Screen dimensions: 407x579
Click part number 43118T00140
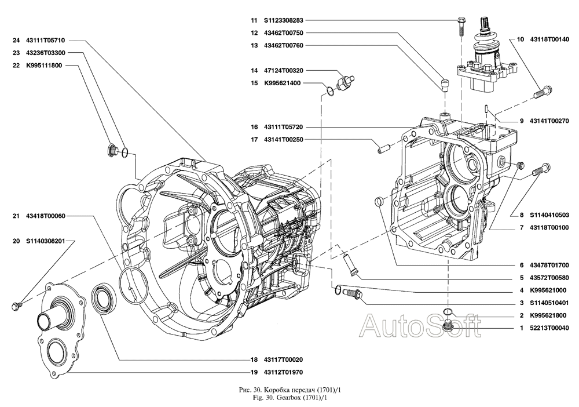click(x=547, y=39)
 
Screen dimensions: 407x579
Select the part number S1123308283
click(x=286, y=20)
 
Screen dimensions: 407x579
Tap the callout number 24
click(x=16, y=41)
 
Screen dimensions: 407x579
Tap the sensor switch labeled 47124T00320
click(x=347, y=81)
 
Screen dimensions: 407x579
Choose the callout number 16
click(x=254, y=126)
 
